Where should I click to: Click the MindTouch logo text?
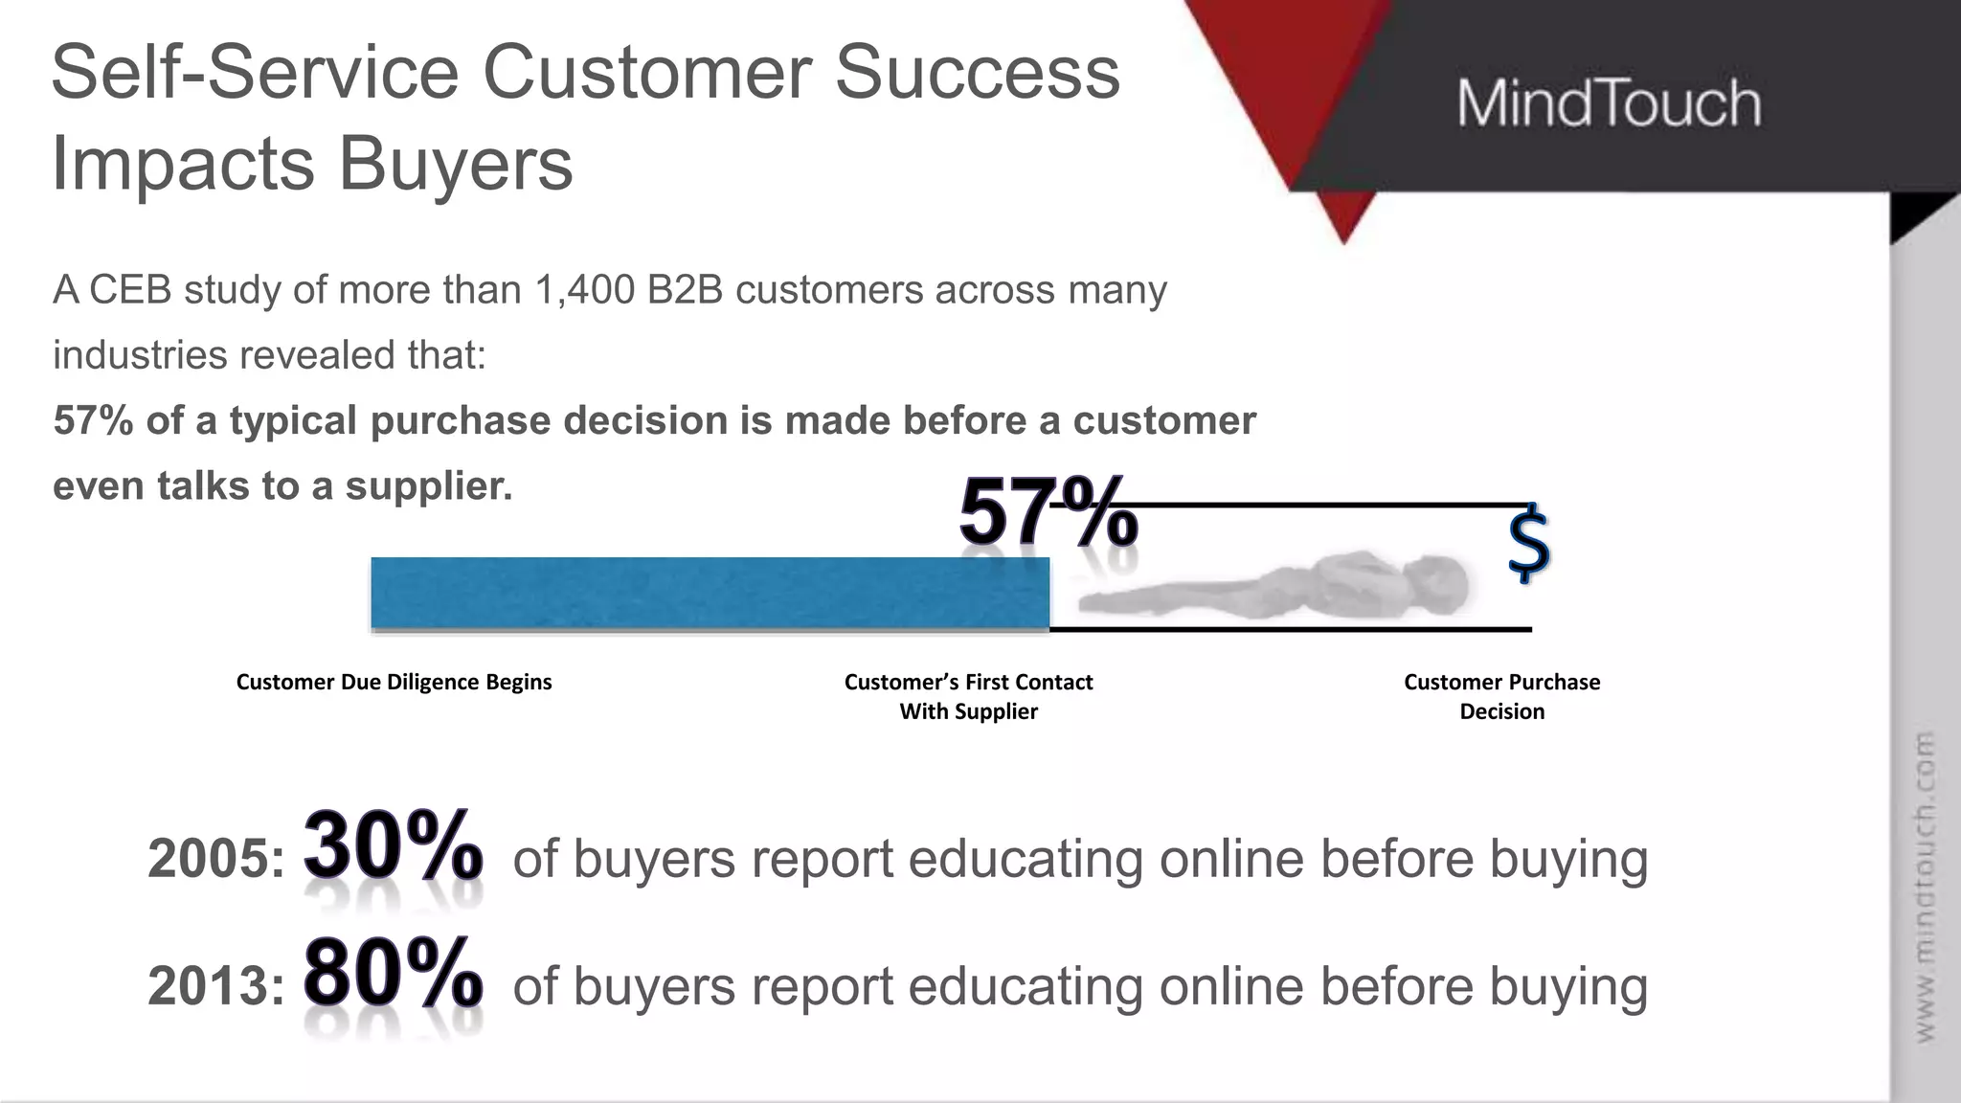[x=1609, y=103]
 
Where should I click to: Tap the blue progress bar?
[x=710, y=593]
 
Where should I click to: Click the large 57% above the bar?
[x=1048, y=513]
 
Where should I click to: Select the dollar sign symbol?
[x=1528, y=544]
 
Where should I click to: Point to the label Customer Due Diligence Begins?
[x=394, y=682]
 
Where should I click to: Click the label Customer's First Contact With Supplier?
[x=968, y=696]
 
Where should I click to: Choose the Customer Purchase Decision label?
[x=1501, y=696]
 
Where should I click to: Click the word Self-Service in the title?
[x=255, y=73]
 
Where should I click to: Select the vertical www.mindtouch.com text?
[x=1924, y=887]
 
